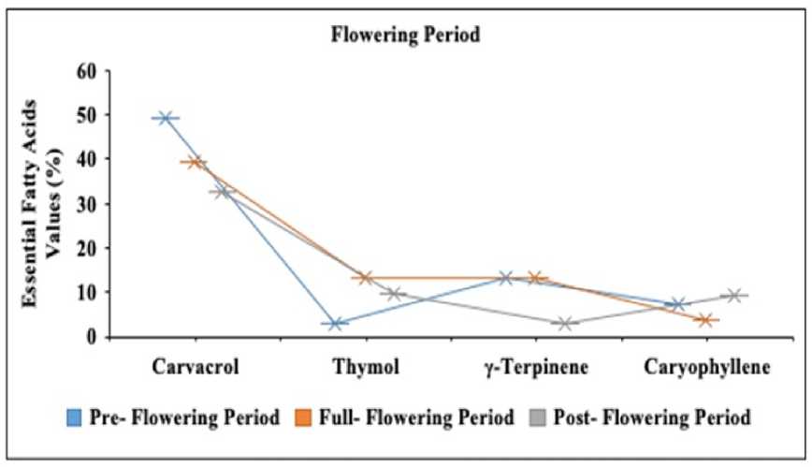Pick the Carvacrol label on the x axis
coord(196,367)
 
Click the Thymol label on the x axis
coord(365,367)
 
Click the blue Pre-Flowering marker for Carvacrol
coord(167,118)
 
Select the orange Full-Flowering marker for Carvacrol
coord(196,162)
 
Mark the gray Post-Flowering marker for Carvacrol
coord(224,191)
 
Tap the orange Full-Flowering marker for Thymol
coord(366,278)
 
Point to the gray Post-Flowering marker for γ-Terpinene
coord(564,324)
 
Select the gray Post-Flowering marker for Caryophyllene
coord(734,296)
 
